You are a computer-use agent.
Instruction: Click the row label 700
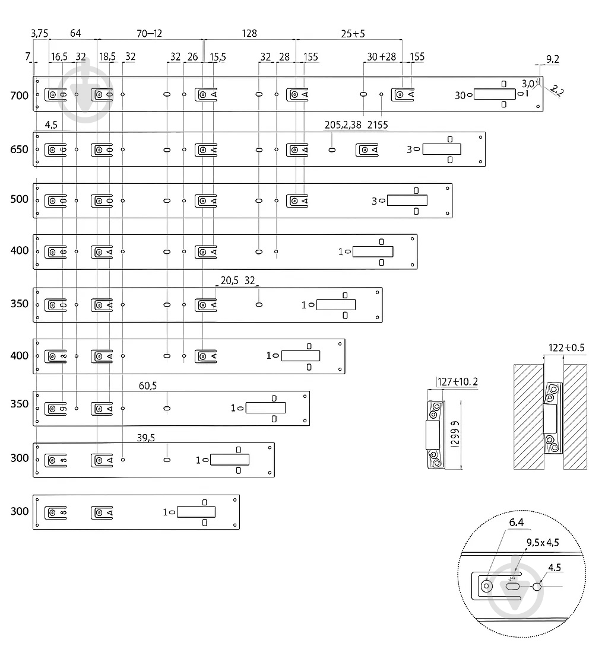[x=20, y=95]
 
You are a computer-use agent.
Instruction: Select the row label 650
[x=20, y=149]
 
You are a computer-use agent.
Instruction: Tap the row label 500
[x=20, y=199]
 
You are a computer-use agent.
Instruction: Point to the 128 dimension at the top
[x=250, y=34]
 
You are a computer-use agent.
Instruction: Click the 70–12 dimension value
[x=149, y=34]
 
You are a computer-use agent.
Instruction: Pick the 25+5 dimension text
[x=353, y=34]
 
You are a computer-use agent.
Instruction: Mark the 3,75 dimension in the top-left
[x=39, y=34]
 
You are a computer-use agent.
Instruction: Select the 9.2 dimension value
[x=553, y=59]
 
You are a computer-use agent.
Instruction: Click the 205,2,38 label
[x=343, y=125]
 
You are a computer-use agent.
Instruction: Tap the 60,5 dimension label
[x=148, y=386]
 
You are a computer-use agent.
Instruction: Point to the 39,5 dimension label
[x=146, y=438]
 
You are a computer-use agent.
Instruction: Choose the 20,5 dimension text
[x=229, y=281]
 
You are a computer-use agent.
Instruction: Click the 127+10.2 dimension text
[x=457, y=382]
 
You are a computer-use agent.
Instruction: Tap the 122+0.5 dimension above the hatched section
[x=565, y=348]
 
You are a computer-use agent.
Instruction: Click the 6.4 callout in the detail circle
[x=516, y=522]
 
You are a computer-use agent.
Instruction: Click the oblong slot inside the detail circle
[x=512, y=587]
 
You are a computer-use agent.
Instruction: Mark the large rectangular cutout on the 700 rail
[x=495, y=94]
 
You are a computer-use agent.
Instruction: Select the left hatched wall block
[x=528, y=416]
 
